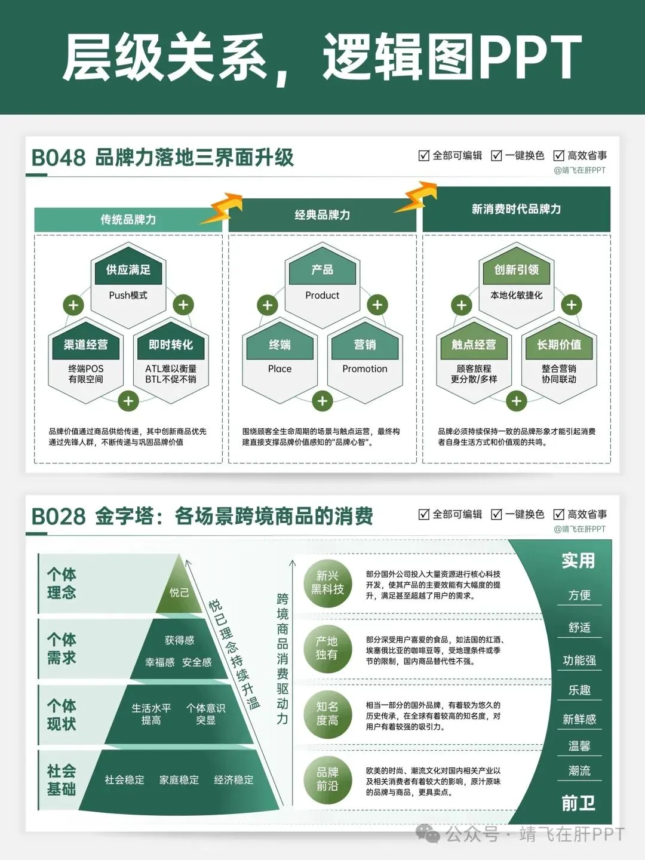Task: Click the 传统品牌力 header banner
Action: tap(128, 219)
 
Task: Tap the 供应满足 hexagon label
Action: tap(128, 270)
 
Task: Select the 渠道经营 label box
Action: tap(85, 345)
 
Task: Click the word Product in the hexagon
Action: tap(322, 295)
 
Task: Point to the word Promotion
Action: tap(364, 369)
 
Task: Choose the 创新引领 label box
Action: tap(517, 270)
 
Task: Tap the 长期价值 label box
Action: tap(559, 345)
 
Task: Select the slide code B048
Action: tap(58, 158)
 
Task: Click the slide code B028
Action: tap(58, 516)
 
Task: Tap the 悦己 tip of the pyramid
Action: tap(179, 592)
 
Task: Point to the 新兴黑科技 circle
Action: tap(327, 582)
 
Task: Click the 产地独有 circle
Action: tap(327, 648)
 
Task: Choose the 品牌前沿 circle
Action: tap(327, 779)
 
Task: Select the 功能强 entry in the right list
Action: tap(579, 661)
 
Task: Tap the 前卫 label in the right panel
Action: tap(578, 803)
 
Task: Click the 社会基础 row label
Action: tap(62, 780)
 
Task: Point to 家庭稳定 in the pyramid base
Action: tap(179, 780)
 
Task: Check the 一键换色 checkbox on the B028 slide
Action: tap(496, 514)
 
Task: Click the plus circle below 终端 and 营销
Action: tap(322, 401)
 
